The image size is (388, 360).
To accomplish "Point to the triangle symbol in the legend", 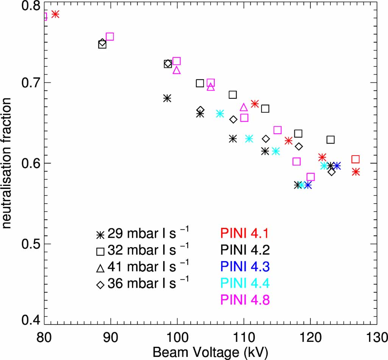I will (100, 268).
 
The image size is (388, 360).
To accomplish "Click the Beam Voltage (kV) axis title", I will (210, 352).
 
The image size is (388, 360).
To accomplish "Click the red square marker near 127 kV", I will (355, 159).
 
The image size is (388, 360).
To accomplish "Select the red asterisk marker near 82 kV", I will (55, 14).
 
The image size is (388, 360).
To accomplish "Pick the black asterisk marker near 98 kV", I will (167, 98).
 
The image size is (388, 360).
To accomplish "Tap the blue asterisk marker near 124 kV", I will (337, 166).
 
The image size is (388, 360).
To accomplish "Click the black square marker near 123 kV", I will (330, 140).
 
